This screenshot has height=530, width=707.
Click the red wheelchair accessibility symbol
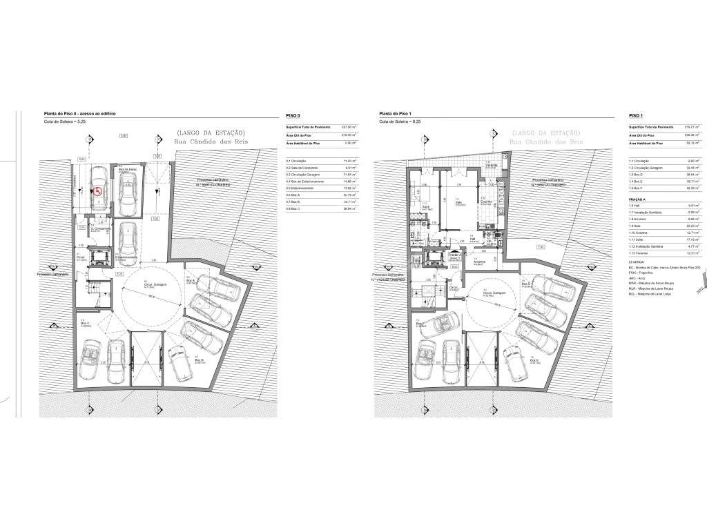(x=98, y=193)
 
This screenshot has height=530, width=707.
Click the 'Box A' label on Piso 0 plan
(x=190, y=281)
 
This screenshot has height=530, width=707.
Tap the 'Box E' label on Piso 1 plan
(x=533, y=360)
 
